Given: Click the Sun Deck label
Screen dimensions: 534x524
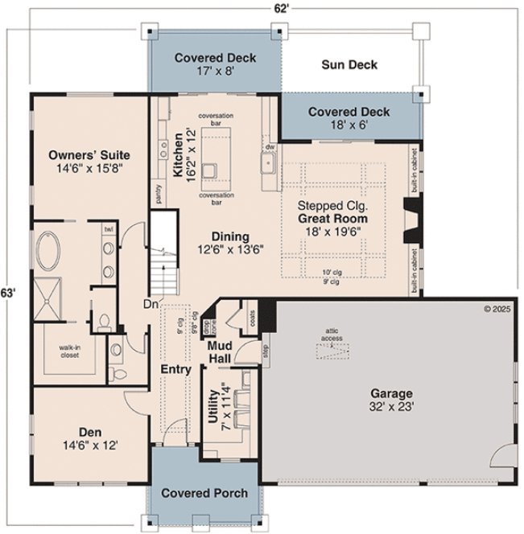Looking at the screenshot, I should click(349, 64).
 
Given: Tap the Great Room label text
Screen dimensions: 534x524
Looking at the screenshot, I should click(332, 218).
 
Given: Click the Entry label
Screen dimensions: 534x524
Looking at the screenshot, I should click(175, 370).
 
